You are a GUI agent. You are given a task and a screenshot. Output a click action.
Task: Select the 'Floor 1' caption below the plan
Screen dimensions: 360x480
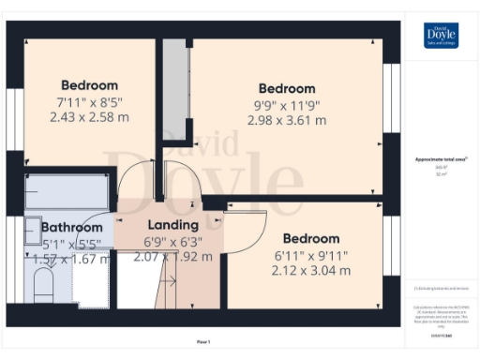(x=203, y=342)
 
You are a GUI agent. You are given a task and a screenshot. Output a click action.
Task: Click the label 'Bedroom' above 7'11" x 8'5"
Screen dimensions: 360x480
(x=89, y=84)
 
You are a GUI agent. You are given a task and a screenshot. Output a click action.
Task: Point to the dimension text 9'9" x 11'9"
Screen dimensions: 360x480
(x=286, y=105)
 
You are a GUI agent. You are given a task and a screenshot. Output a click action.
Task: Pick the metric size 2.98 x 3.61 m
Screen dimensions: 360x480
(x=286, y=120)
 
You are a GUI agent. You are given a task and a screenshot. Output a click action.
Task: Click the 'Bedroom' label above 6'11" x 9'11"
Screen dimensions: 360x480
(x=311, y=239)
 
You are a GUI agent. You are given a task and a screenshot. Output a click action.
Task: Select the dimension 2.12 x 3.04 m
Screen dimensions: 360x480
(x=311, y=271)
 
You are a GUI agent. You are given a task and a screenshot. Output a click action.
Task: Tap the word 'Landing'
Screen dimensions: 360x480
(x=173, y=225)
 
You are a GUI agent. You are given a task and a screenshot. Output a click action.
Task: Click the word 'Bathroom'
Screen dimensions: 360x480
(x=71, y=227)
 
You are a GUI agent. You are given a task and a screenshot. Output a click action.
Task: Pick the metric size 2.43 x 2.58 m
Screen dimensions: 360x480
(x=89, y=117)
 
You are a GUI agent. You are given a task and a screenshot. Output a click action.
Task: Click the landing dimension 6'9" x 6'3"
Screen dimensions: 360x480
(x=173, y=241)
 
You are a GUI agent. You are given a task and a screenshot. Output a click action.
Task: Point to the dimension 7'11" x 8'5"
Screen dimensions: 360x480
(x=89, y=101)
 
